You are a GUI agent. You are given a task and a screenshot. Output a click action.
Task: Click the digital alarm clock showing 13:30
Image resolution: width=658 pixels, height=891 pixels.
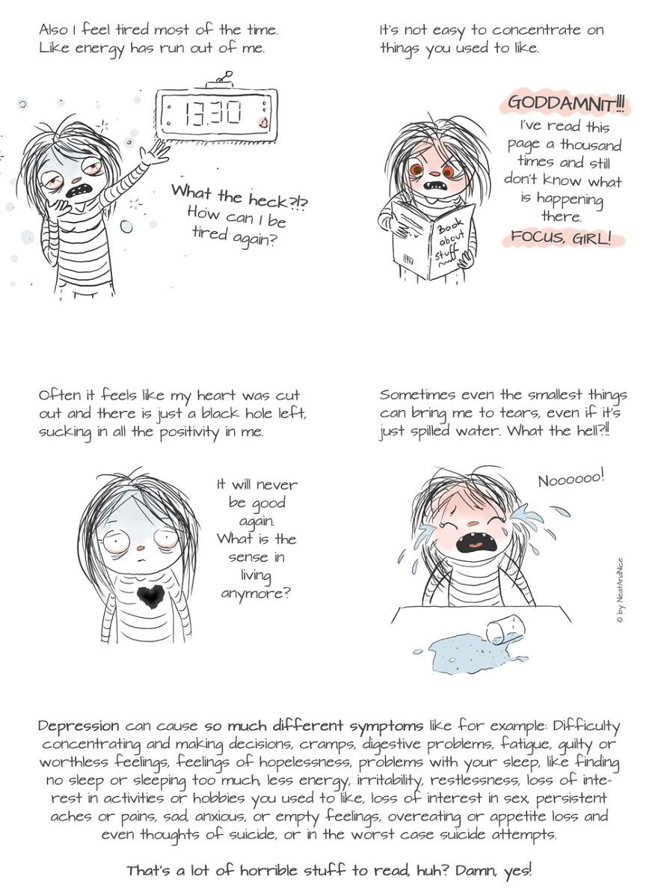[216, 114]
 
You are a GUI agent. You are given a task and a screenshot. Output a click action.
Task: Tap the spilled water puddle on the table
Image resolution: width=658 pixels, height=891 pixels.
[458, 654]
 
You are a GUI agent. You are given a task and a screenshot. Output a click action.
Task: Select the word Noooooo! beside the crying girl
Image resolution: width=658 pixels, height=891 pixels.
[571, 480]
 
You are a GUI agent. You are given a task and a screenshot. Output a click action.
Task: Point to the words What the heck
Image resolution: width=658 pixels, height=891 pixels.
[230, 197]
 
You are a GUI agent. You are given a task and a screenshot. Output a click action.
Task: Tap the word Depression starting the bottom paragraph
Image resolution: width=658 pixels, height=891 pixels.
[79, 726]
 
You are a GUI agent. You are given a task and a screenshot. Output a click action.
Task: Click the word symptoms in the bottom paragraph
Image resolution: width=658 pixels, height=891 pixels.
[386, 726]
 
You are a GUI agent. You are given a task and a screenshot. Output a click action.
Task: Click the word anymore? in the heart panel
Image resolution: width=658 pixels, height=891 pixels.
[256, 594]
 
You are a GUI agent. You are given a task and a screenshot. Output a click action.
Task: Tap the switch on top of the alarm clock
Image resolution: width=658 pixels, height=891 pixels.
[222, 79]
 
